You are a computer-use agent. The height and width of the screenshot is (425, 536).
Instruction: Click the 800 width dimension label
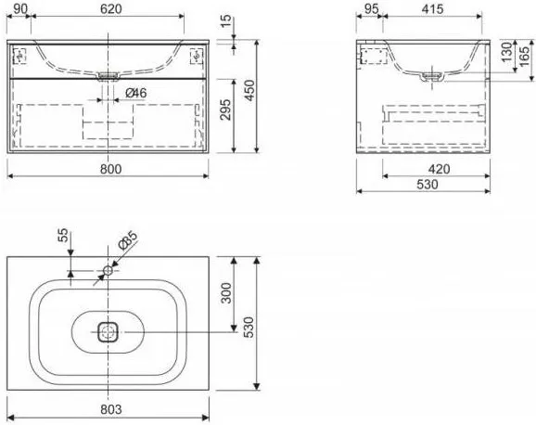[x=111, y=169]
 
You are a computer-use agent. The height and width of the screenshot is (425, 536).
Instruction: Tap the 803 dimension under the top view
[x=111, y=409]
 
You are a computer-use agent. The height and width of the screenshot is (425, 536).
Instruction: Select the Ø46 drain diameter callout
[x=135, y=93]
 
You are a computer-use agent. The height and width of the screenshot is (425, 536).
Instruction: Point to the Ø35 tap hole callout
[x=127, y=239]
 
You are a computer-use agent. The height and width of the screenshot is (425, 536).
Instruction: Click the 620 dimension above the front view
[x=111, y=9]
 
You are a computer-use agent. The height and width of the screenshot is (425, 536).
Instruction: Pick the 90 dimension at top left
[x=20, y=9]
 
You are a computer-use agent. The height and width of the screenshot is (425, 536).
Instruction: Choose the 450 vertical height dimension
[x=250, y=90]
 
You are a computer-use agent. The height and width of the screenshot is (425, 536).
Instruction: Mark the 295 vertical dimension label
[x=225, y=109]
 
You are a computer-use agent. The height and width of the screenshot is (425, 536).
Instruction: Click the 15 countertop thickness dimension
[x=226, y=21]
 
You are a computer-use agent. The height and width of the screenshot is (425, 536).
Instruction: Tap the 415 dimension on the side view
[x=432, y=9]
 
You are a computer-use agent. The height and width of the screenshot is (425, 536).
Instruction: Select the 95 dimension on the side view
[x=372, y=9]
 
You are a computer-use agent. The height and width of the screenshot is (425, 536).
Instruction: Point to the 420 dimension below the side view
[x=439, y=169]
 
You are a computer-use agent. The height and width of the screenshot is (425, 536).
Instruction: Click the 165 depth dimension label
[x=524, y=57]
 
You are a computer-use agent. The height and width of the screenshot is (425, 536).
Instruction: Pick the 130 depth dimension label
[x=507, y=52]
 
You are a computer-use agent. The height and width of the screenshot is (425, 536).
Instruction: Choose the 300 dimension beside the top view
[x=226, y=293]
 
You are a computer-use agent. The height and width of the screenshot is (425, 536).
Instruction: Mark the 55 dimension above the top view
[x=63, y=236]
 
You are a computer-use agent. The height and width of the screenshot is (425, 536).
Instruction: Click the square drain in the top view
[x=108, y=332]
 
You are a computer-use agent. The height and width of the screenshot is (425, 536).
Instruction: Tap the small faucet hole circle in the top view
[x=108, y=270]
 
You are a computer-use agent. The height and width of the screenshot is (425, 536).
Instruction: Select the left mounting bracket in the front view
[x=19, y=56]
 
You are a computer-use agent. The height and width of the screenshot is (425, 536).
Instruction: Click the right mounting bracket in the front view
[x=197, y=56]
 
